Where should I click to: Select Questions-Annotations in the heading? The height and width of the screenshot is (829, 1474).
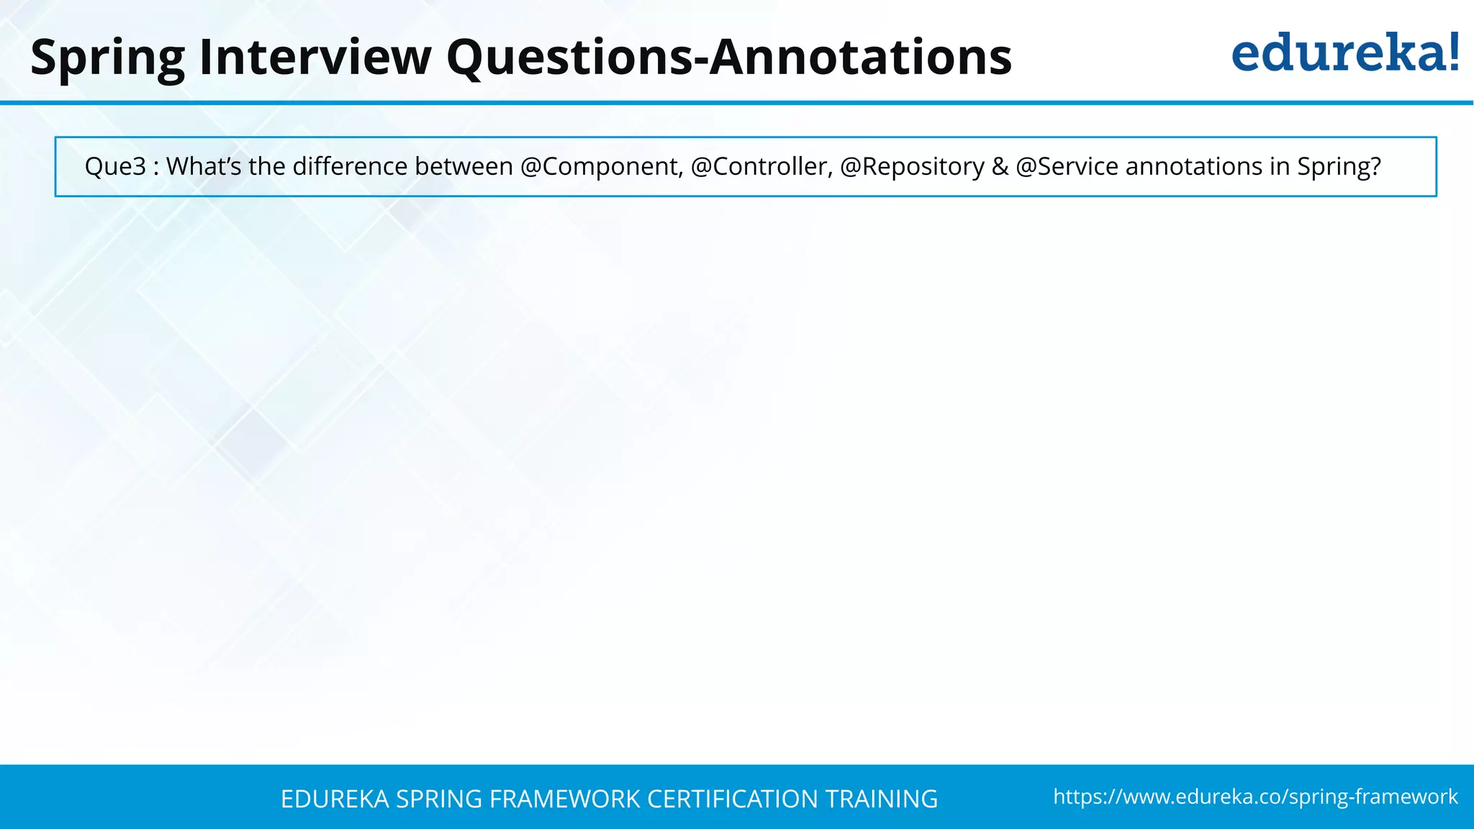click(x=728, y=57)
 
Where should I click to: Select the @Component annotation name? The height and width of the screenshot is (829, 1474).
click(x=601, y=166)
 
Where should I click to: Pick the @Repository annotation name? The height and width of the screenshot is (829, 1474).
click(x=912, y=166)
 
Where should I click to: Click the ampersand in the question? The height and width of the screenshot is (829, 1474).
click(x=1000, y=166)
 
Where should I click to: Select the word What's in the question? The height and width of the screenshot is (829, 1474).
click(x=204, y=166)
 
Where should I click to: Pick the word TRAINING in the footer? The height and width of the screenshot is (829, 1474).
click(x=881, y=799)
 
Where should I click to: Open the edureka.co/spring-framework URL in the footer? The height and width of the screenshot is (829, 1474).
click(x=1255, y=797)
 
